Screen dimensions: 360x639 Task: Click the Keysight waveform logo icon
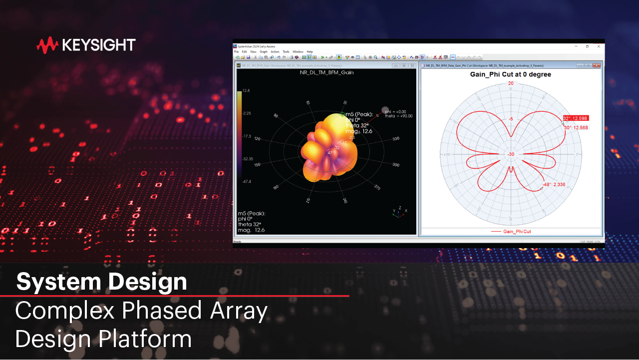[x=47, y=45]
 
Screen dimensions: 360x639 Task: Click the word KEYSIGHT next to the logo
[x=99, y=45]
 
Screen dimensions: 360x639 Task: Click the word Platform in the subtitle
[x=145, y=339]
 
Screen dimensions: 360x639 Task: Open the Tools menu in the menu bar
[x=286, y=52]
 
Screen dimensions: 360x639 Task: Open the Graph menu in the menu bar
[x=263, y=52]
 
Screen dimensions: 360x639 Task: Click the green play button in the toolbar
[x=322, y=57]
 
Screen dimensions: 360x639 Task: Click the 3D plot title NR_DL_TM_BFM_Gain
[x=326, y=72]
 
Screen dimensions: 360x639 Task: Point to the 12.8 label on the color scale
[x=246, y=90]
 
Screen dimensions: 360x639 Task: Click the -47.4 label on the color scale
[x=247, y=182]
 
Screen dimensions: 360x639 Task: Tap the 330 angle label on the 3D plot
[x=396, y=138]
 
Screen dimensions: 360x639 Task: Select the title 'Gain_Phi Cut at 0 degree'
[x=511, y=74]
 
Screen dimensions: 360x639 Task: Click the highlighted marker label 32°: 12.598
[x=576, y=118]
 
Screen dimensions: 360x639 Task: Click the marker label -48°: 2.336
[x=554, y=185]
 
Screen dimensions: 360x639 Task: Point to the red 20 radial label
[x=511, y=83]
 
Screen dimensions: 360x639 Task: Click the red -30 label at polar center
[x=511, y=154]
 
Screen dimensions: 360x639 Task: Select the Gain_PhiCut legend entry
[x=517, y=232]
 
